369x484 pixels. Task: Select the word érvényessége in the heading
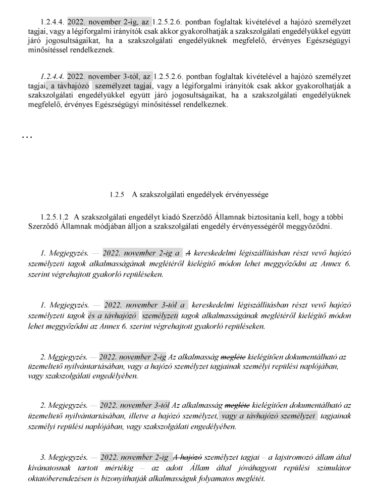pyautogui.click(x=233, y=194)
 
